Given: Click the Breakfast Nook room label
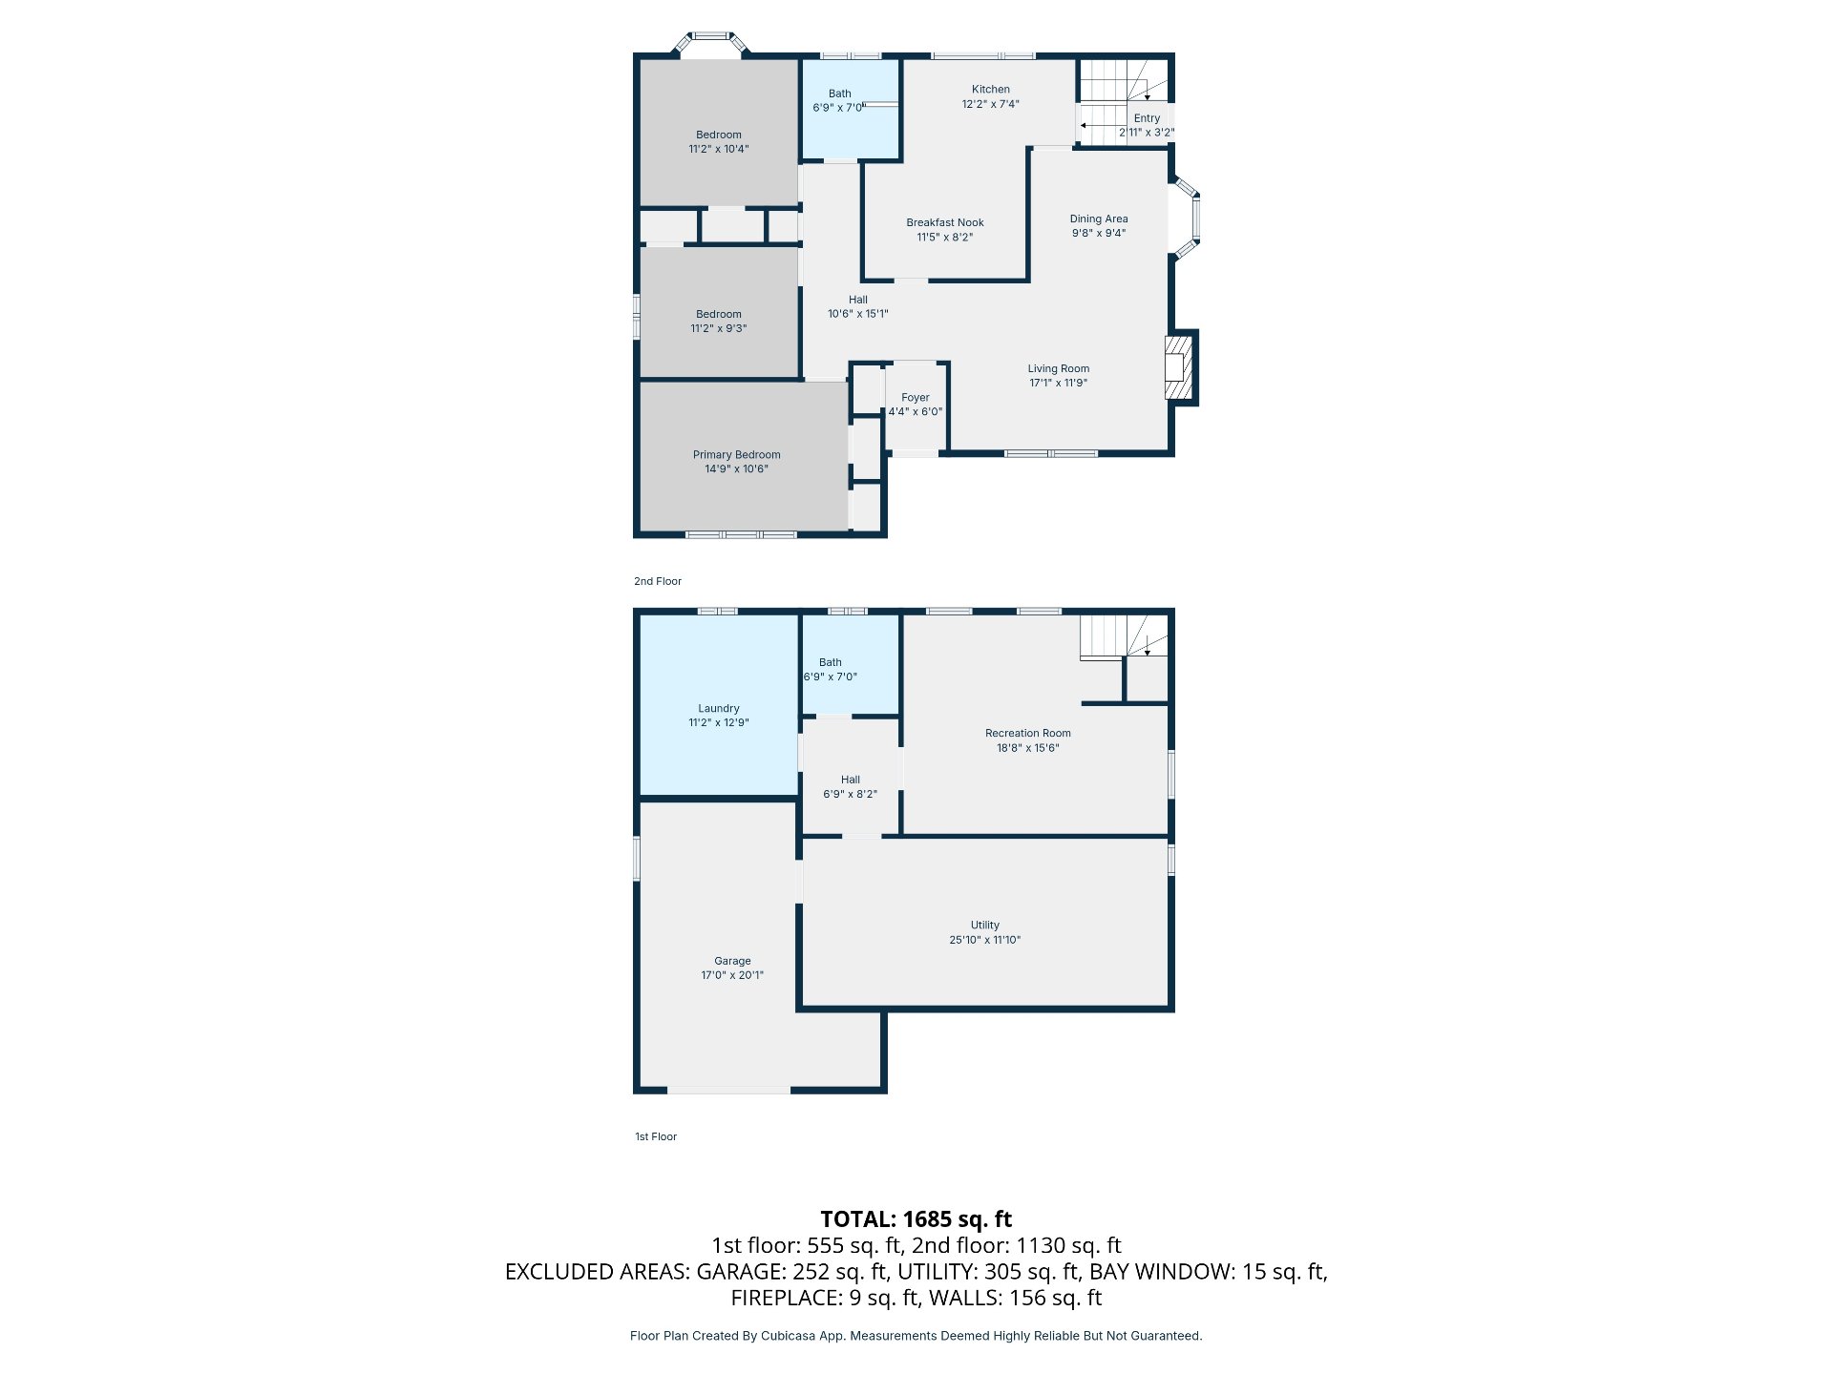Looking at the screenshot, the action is coord(945,222).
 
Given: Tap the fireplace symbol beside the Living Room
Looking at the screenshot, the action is coord(1180,367).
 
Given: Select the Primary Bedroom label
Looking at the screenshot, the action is coord(736,455).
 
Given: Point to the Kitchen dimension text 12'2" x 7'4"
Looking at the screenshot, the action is coord(990,104).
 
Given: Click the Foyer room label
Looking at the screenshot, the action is coord(915,398).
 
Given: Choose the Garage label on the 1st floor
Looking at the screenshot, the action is coord(732,961).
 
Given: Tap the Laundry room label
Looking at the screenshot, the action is coord(718,708).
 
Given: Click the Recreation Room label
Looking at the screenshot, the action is coord(1027,734).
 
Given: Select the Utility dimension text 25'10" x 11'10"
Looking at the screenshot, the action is coord(984,940).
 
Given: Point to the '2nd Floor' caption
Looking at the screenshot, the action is coord(658,581).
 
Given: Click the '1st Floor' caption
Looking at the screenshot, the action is coord(656,1136).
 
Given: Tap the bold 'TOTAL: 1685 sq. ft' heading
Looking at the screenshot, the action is coord(916,1219).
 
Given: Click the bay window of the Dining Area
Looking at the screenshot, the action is coord(1186,218).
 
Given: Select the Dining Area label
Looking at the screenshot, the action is coord(1098,219).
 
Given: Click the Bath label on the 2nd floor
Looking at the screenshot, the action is coord(839,94).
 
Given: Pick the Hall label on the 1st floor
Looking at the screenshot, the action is coord(850,780).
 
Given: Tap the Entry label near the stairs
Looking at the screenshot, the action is coord(1147,118).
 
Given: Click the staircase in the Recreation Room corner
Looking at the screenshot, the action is coord(1124,635).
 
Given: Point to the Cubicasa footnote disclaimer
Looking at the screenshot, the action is coord(916,1336).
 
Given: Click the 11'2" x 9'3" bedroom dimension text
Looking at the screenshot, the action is coord(718,328).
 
